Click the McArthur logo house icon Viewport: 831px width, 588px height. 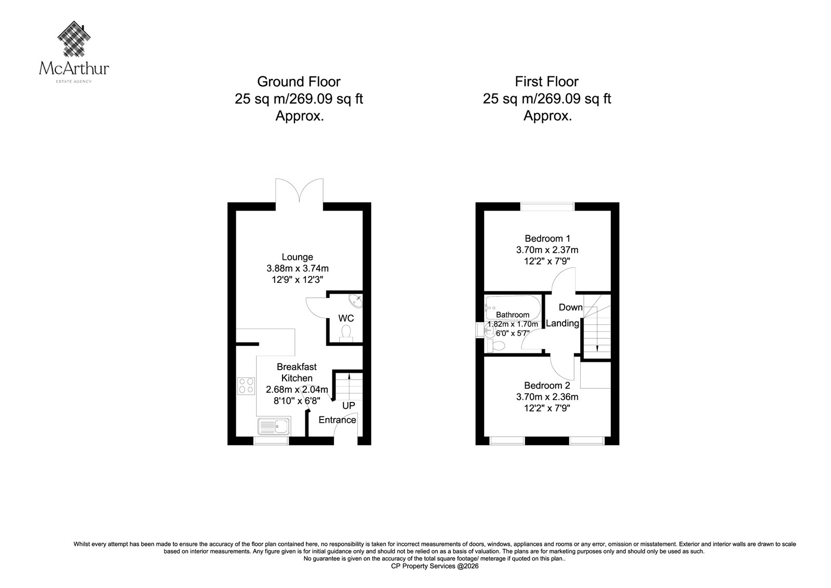tap(74, 38)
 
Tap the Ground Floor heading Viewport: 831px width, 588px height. tap(299, 82)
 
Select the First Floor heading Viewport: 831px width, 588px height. tap(547, 82)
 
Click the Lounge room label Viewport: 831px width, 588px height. tap(297, 257)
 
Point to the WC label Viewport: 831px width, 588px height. tap(346, 318)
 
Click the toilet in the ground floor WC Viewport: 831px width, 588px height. tap(346, 332)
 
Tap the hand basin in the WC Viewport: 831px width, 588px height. tap(356, 300)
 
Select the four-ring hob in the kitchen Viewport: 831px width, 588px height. tap(246, 386)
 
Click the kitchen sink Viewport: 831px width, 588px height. tap(274, 426)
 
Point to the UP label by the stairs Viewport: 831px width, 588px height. tap(349, 406)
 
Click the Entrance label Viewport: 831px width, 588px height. tap(337, 420)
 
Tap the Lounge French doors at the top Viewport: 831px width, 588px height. tap(299, 191)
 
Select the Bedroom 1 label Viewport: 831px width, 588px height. tap(547, 239)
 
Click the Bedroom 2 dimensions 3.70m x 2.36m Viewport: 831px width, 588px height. tap(547, 397)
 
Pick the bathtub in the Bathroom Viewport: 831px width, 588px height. tap(513, 308)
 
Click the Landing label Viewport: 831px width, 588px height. tap(562, 323)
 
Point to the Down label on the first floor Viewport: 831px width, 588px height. tap(571, 307)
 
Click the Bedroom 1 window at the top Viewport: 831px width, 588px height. tap(547, 206)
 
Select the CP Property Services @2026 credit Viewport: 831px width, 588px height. tap(435, 566)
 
